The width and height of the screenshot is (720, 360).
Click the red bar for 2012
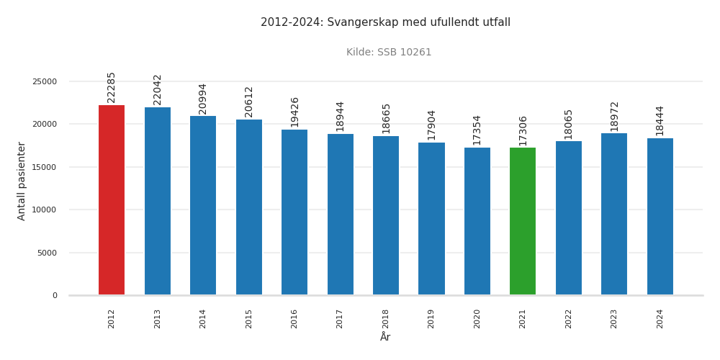tap(112, 200)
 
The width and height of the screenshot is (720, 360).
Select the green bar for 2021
tap(523, 221)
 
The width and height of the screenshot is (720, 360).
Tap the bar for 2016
tap(294, 212)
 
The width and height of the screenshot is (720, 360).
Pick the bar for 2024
tap(660, 217)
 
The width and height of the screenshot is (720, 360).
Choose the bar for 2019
tap(431, 219)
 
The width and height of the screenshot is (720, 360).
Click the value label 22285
tap(112, 87)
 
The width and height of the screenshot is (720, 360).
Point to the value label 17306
tap(523, 130)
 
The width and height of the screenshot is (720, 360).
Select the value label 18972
tap(614, 116)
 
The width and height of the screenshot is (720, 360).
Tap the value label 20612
tap(249, 102)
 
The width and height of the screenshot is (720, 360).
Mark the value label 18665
tap(386, 118)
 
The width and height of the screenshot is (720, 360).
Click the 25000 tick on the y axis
tap(45, 82)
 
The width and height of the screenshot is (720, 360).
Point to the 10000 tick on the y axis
tap(45, 210)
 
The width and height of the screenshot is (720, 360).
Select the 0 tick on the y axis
tap(55, 296)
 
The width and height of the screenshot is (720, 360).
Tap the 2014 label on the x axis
tap(203, 318)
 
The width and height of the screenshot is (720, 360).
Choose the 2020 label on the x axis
tap(477, 318)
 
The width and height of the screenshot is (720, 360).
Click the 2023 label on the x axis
tap(614, 318)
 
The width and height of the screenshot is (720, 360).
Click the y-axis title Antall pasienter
tap(22, 181)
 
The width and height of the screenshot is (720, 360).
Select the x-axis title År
tap(385, 337)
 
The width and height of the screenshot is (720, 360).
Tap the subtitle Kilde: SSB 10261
tap(389, 53)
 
